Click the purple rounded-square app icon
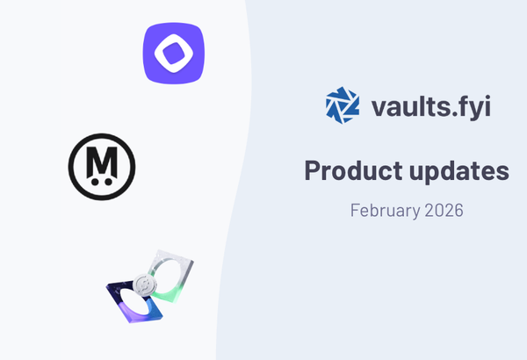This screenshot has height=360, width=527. (x=173, y=54)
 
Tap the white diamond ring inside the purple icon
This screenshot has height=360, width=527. (x=173, y=54)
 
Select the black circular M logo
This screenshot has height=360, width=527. (x=102, y=164)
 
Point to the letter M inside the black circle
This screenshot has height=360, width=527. (x=102, y=159)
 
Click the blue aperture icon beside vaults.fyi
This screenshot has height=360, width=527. (x=342, y=105)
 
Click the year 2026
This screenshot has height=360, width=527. (x=444, y=211)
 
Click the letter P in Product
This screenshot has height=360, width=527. (x=314, y=170)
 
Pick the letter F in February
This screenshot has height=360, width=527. (x=355, y=211)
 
